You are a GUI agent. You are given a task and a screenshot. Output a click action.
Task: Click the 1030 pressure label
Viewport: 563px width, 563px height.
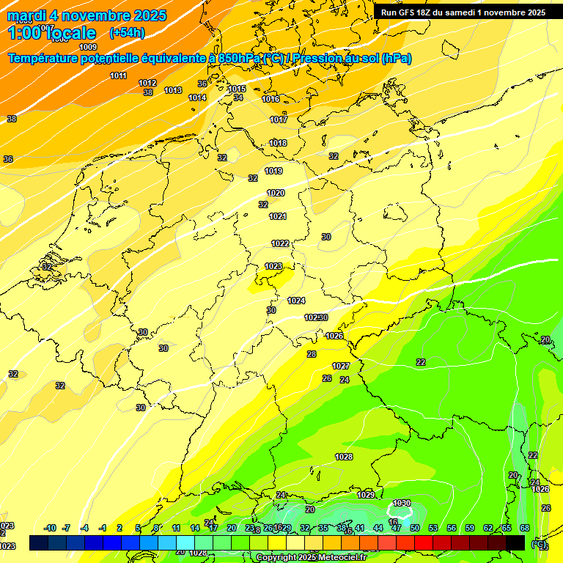coord(401,503)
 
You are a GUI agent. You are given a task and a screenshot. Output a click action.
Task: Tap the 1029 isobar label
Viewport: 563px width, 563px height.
coord(366,495)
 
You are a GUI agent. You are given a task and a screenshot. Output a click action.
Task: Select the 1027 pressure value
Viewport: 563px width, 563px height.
coord(341,366)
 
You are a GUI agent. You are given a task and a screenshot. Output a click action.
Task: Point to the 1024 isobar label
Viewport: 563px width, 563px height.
coord(296,301)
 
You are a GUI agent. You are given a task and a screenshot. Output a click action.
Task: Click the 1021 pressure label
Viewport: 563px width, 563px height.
coord(278,216)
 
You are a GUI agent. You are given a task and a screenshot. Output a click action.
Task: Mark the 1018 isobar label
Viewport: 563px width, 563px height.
coord(278,143)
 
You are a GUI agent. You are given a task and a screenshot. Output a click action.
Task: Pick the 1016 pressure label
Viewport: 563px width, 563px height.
coord(271,99)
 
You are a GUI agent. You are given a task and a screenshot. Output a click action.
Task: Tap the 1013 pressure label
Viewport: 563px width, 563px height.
coord(173,90)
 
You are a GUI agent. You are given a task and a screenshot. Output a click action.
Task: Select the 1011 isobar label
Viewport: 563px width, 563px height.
coord(118,76)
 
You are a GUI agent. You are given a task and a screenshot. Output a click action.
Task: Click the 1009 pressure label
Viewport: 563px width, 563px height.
coord(88,47)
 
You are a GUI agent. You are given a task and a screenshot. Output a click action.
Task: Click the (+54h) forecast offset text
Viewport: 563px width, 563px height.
coord(127,33)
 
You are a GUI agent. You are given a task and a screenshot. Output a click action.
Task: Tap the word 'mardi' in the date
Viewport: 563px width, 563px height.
coord(26,15)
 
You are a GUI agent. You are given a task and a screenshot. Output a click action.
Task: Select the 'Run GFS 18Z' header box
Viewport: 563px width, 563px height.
coord(463,12)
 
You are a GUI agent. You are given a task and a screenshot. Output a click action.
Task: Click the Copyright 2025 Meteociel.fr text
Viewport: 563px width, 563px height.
coord(312,557)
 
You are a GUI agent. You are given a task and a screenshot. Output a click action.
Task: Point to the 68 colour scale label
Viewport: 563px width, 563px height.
coord(525,528)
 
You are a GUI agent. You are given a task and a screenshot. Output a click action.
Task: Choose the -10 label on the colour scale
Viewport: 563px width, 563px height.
coord(50,528)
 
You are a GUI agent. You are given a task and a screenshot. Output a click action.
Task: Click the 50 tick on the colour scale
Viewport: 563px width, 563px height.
coord(414,528)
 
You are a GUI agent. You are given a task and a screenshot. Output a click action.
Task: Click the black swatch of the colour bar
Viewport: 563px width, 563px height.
coord(515,542)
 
